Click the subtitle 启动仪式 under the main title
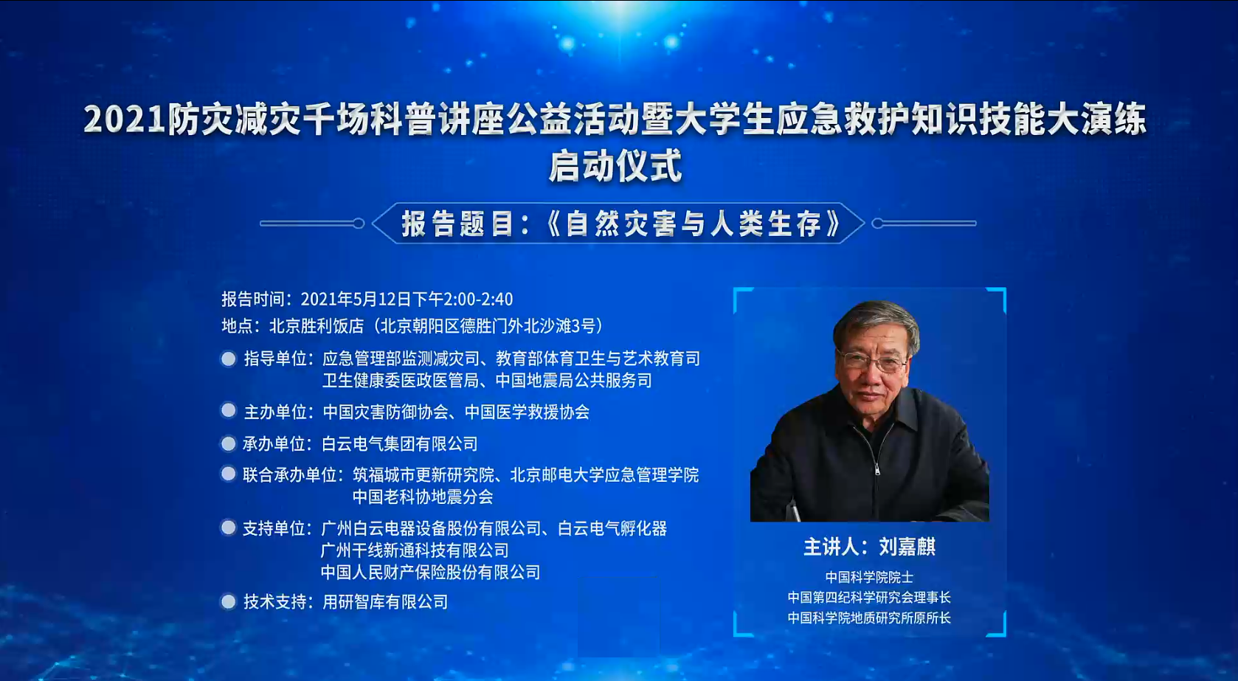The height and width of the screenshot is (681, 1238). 616,166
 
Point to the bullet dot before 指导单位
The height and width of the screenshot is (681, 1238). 228,359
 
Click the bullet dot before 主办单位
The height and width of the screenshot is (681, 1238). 228,411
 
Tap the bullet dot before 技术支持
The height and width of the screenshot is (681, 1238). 228,601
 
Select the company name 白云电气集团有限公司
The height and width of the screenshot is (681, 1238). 400,444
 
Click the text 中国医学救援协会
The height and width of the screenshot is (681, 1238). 528,412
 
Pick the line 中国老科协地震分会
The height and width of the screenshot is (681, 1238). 423,497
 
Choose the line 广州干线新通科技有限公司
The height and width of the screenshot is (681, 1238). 415,550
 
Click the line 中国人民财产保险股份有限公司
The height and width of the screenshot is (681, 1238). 431,572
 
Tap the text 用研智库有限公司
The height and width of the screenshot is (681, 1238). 384,601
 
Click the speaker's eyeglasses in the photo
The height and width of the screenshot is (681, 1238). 872,361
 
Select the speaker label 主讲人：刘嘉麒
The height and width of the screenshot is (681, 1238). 869,547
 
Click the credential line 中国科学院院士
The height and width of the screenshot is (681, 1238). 869,578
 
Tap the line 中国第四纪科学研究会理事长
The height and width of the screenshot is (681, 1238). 869,598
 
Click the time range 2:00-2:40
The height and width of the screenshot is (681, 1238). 478,299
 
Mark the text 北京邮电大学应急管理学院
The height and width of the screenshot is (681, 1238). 604,475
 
